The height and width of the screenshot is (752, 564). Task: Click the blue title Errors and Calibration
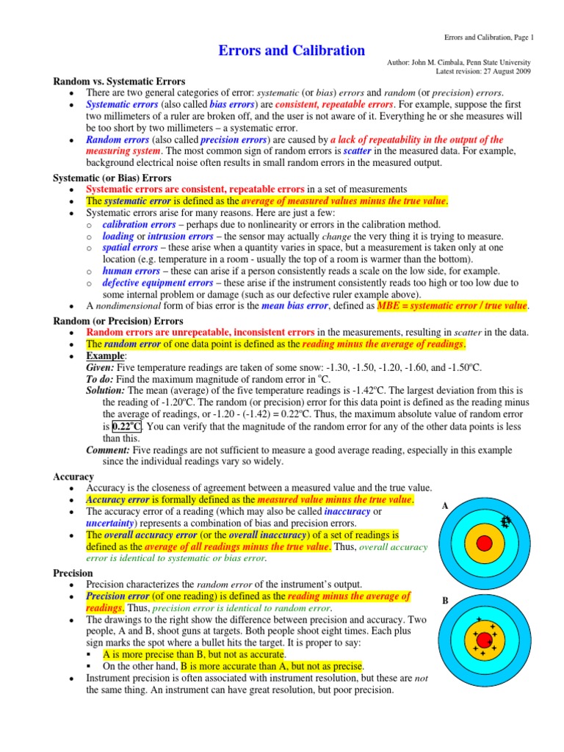pyautogui.click(x=292, y=51)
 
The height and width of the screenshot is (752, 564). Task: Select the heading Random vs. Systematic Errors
pyautogui.click(x=119, y=81)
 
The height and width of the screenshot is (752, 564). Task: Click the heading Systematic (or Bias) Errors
pyautogui.click(x=112, y=178)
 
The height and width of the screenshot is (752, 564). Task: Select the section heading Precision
pyautogui.click(x=73, y=572)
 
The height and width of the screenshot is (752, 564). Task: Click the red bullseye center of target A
pyautogui.click(x=484, y=543)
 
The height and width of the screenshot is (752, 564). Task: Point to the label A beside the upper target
pyautogui.click(x=445, y=506)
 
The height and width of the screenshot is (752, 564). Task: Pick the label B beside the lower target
pyautogui.click(x=445, y=601)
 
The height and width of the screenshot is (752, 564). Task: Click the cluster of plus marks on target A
pyautogui.click(x=505, y=521)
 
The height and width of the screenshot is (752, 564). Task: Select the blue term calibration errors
pyautogui.click(x=139, y=225)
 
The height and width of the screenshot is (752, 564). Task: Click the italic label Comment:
pyautogui.click(x=109, y=450)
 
